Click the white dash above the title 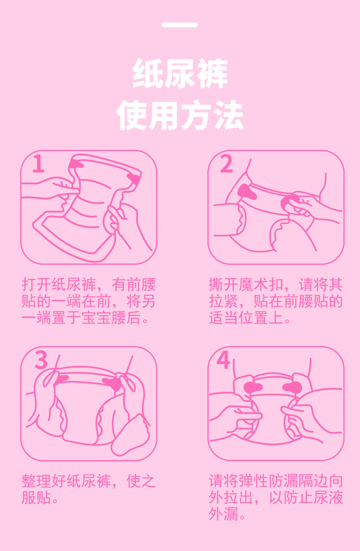[180, 25]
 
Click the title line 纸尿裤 [180, 74]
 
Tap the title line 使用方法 [180, 115]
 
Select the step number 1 [38, 163]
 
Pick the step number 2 [227, 164]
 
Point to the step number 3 [41, 360]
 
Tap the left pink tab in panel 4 [252, 388]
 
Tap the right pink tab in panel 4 [292, 388]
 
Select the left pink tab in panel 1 [75, 163]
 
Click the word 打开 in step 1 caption [36, 285]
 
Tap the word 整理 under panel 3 [36, 481]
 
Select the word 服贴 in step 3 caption [36, 498]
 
